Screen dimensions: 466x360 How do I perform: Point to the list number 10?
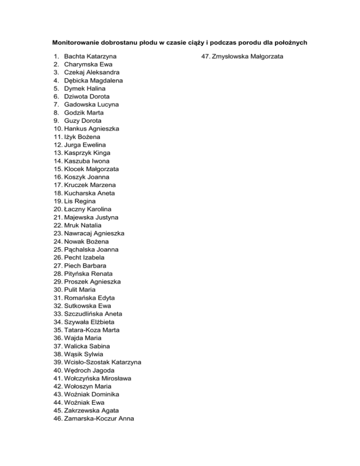point(58,128)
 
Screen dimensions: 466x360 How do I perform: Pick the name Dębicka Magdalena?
point(94,81)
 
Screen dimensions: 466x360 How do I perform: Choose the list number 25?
point(58,249)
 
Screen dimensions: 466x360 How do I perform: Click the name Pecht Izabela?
point(84,257)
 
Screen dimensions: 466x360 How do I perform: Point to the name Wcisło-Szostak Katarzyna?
point(103,362)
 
